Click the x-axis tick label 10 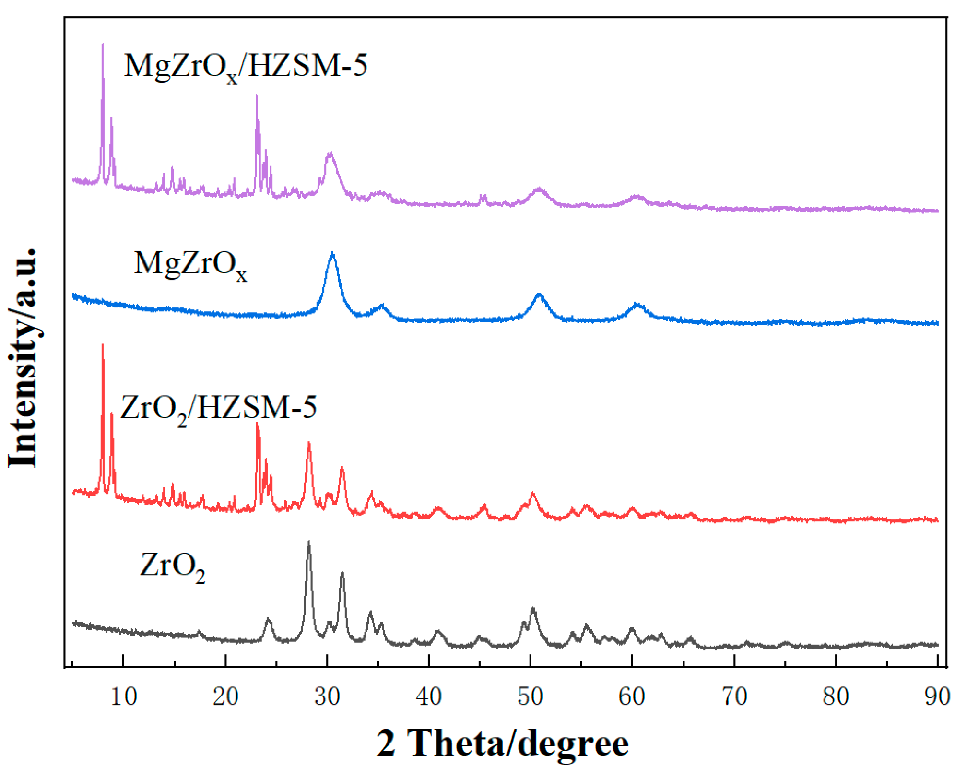pos(124,696)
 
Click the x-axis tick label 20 pos(225,696)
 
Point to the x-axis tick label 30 pos(328,696)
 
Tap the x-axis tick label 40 pos(429,696)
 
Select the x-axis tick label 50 pos(531,696)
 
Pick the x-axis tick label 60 pos(632,696)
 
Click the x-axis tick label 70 pos(734,696)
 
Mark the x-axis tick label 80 pos(836,696)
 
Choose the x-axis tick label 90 pos(937,696)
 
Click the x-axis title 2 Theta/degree pos(502,743)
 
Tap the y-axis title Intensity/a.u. pos(23,357)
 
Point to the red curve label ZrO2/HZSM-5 pos(218,408)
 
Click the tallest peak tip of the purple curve pos(103,44)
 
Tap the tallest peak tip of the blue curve pos(332,252)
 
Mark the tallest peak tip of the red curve pos(103,344)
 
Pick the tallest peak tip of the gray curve pos(308,542)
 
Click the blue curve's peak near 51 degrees pos(540,294)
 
